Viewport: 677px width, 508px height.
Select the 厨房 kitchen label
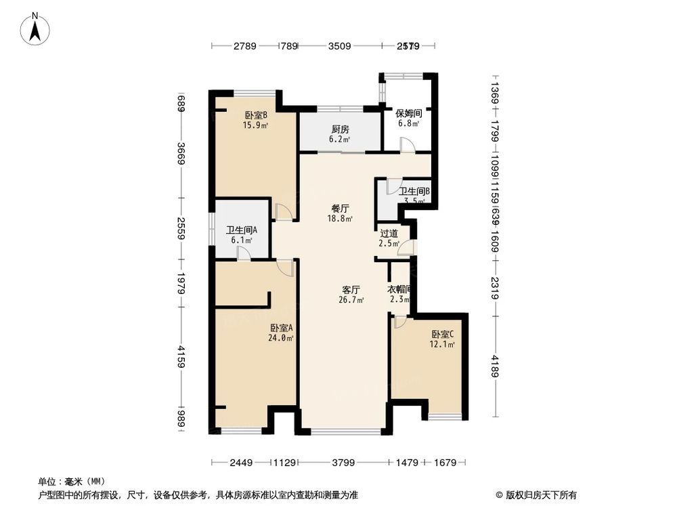tap(340, 129)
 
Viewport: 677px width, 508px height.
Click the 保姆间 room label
tap(408, 114)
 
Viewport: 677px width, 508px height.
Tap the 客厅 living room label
tap(351, 290)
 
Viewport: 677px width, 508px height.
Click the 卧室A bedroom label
tap(278, 328)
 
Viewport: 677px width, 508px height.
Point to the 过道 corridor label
tap(389, 234)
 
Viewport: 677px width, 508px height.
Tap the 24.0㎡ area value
tap(278, 338)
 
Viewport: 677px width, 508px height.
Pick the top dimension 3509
tap(339, 46)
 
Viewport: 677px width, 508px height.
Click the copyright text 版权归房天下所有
tap(541, 494)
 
